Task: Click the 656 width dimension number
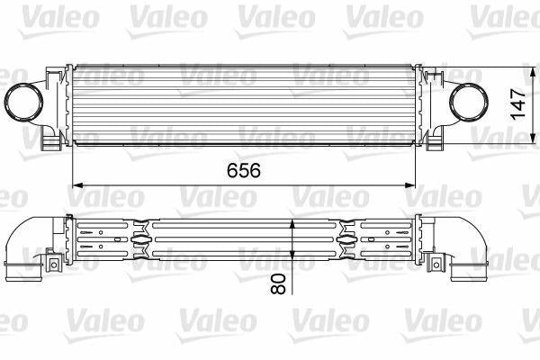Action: click(x=244, y=170)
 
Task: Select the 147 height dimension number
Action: click(x=518, y=104)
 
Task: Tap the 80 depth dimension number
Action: click(x=278, y=283)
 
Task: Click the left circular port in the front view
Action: click(x=23, y=103)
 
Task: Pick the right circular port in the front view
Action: click(x=469, y=103)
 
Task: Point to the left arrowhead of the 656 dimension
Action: click(x=78, y=185)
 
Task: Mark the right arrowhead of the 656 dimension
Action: click(x=410, y=185)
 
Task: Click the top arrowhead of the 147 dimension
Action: click(x=533, y=73)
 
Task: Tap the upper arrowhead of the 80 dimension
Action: click(x=292, y=224)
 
